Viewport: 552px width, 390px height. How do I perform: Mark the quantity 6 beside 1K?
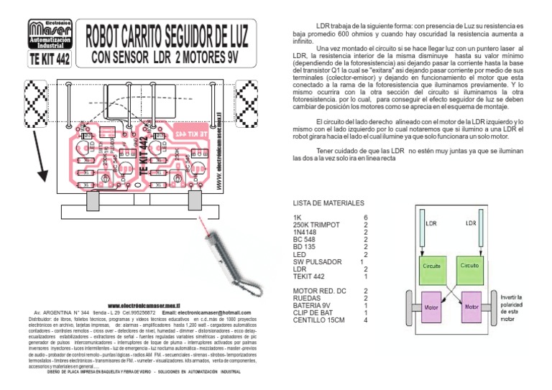[366, 217]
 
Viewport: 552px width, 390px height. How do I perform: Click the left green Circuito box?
[431, 265]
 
